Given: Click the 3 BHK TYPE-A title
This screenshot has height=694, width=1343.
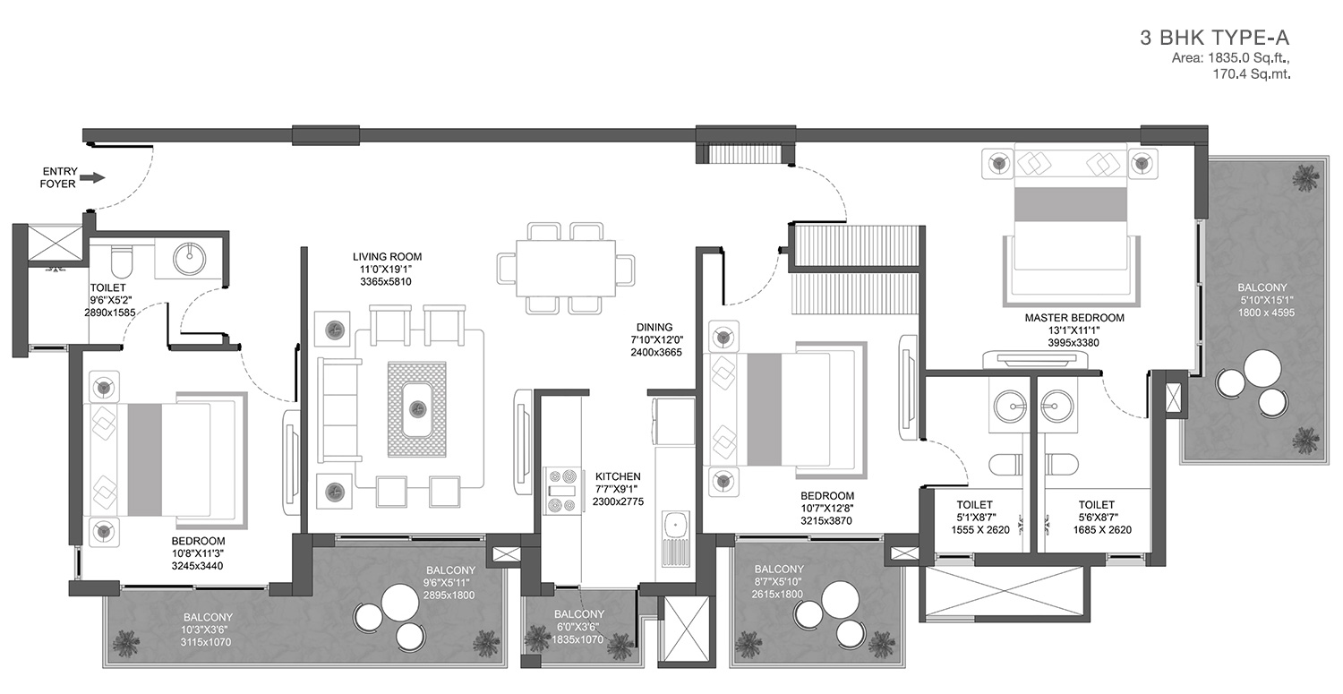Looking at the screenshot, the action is tap(1214, 38).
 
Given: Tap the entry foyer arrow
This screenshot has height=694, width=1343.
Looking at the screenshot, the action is tap(91, 177).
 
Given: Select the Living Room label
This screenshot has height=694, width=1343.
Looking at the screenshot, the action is tap(388, 257).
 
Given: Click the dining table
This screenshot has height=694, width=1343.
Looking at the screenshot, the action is tap(566, 268).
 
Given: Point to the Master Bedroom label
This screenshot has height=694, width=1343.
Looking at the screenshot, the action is tap(1074, 318).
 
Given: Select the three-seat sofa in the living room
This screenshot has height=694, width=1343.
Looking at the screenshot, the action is tap(339, 409).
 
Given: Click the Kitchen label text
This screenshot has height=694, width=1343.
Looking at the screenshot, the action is tap(618, 476).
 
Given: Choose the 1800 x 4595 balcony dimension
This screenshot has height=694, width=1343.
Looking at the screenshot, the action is tap(1266, 313).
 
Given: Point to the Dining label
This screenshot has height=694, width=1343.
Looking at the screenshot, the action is tap(654, 328).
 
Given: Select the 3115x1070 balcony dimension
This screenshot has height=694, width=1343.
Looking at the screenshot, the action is tap(206, 642).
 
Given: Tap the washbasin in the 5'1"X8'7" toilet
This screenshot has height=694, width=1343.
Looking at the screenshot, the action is tap(1010, 406).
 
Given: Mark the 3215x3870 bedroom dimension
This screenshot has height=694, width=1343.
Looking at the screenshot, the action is tap(826, 520).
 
